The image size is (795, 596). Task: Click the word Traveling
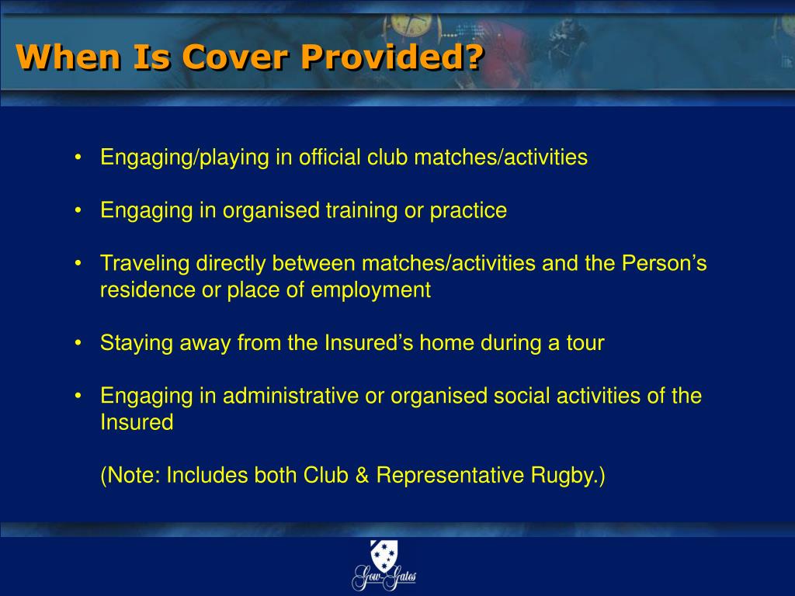[144, 264]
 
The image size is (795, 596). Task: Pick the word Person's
[665, 264]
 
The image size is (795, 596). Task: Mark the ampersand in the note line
[362, 476]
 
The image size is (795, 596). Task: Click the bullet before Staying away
[79, 343]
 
